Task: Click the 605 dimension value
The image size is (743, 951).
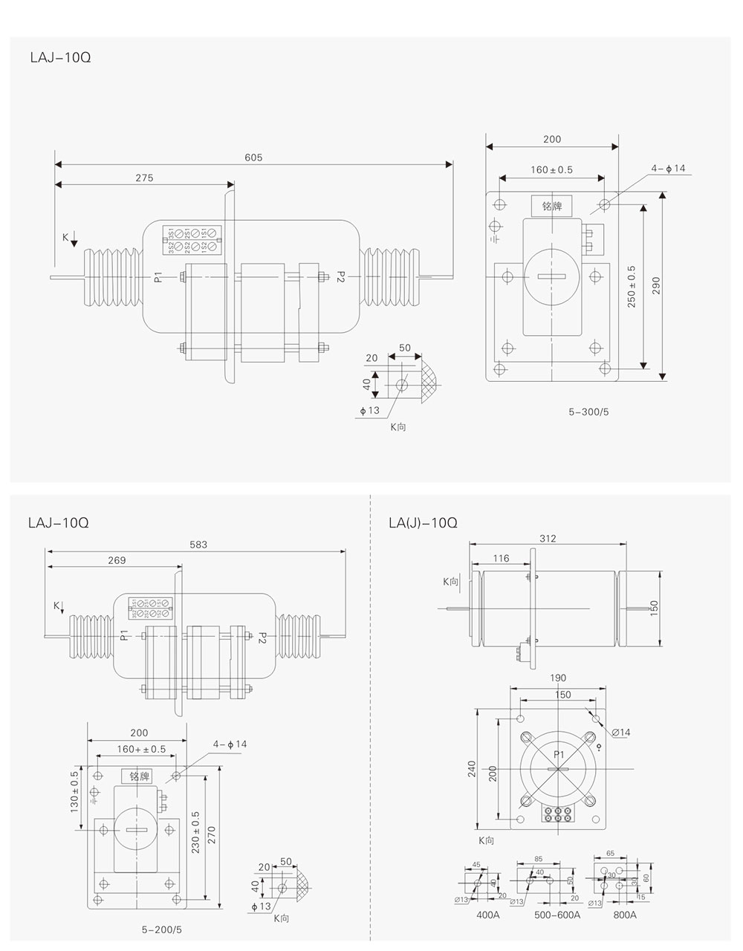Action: click(x=253, y=158)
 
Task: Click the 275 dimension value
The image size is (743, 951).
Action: click(x=144, y=178)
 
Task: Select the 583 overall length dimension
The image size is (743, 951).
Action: click(x=198, y=545)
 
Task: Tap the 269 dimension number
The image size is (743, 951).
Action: click(x=117, y=560)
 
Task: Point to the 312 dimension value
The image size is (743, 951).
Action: click(x=548, y=539)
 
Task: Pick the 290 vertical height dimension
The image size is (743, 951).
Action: click(x=656, y=285)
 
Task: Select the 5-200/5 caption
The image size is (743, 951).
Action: click(x=161, y=929)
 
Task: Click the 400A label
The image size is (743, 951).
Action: click(x=488, y=915)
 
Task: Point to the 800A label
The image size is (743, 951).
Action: click(x=624, y=915)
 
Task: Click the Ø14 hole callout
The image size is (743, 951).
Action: click(x=621, y=733)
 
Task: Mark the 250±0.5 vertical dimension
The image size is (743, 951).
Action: click(x=632, y=286)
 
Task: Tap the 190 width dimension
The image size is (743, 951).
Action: click(x=559, y=678)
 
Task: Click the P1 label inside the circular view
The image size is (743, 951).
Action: click(x=559, y=755)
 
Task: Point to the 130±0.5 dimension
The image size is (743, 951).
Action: click(x=74, y=791)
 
